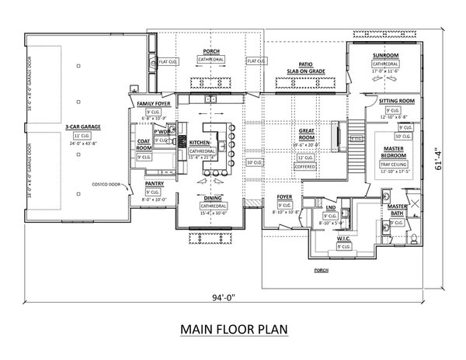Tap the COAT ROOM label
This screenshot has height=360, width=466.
[144, 144]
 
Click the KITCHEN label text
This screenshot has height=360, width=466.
[199, 143]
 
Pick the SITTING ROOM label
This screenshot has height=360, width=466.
[396, 102]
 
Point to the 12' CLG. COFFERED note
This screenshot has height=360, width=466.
[305, 161]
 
